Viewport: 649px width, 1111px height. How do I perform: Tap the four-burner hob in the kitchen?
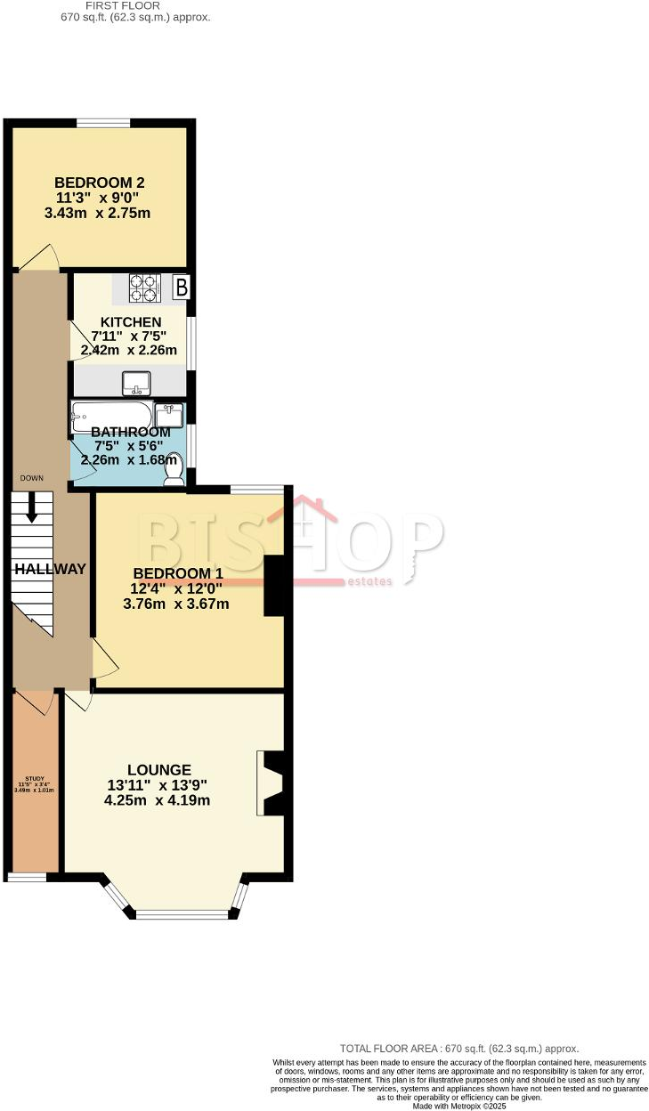point(144,288)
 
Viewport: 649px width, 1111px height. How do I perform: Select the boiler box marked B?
point(182,287)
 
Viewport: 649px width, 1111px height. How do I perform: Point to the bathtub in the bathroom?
point(112,415)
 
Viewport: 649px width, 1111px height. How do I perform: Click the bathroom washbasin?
point(168,414)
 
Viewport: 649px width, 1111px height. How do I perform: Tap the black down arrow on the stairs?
point(32,507)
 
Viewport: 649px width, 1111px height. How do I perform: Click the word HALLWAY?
point(50,569)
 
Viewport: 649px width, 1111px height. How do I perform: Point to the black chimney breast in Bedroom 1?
point(275,585)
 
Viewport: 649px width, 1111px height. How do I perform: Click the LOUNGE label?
point(159,769)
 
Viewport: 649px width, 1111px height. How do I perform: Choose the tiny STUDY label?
point(35,778)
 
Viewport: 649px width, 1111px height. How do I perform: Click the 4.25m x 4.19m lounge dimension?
point(157,799)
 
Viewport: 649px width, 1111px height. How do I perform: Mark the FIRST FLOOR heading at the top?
point(123,5)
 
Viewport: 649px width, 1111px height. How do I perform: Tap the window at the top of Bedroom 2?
point(102,123)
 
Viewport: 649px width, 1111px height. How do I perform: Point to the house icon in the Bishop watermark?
point(304,524)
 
